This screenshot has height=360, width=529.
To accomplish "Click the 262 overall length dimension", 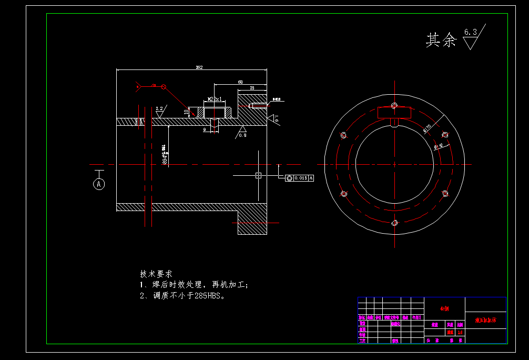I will coord(199,67).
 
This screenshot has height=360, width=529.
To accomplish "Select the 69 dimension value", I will coord(240,82).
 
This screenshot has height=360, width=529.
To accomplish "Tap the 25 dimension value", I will coord(252,88).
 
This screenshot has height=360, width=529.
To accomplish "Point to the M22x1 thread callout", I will coord(215,99).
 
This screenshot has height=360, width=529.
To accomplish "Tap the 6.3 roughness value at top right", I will coord(470,33).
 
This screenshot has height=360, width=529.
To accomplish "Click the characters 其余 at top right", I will coord(441,40).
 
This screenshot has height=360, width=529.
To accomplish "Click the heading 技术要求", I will coord(156,274).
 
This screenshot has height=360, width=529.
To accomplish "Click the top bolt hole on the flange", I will coord(394,105).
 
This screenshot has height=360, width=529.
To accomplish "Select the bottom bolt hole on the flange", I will coord(394,223).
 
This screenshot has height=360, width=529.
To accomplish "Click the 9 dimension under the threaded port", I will coord(205,129).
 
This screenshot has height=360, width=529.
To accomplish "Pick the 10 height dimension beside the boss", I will coord(186,112).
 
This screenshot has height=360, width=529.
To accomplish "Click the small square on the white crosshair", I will coord(258,175).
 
